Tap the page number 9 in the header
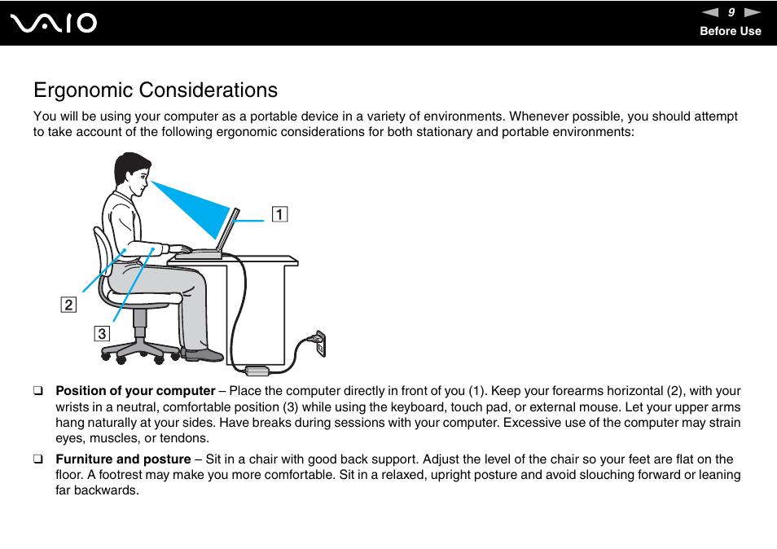[731, 12]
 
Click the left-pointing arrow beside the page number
[710, 12]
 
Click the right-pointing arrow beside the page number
[753, 12]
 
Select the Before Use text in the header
[731, 31]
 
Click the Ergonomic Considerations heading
[156, 90]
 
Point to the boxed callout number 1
[279, 215]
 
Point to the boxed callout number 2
[68, 305]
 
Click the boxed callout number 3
[101, 333]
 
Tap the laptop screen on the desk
[227, 230]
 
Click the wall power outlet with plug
[319, 343]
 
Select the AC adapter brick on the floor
[257, 371]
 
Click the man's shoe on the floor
[203, 355]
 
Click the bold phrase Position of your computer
[135, 391]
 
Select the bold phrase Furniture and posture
[123, 459]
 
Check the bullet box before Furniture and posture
[37, 459]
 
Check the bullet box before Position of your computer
[37, 391]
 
